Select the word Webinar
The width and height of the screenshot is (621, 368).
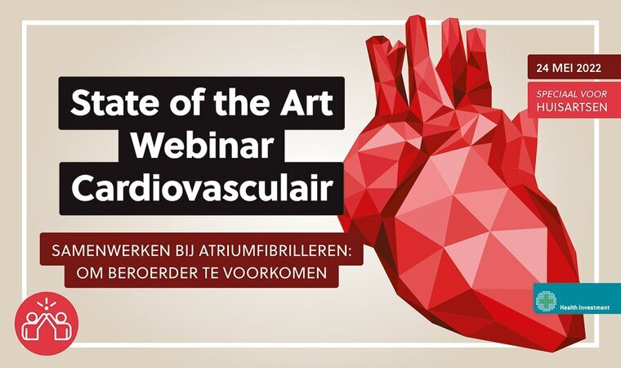click(203, 145)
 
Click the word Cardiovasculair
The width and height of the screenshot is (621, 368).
click(202, 187)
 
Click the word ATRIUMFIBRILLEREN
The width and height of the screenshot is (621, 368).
click(275, 251)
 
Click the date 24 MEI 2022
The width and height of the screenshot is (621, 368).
click(570, 68)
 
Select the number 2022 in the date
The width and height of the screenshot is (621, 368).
click(589, 68)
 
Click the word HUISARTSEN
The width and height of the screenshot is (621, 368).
click(572, 107)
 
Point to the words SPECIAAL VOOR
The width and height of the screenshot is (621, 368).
click(572, 94)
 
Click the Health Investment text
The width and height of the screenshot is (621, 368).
click(584, 307)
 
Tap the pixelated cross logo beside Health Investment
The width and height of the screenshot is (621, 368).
click(546, 300)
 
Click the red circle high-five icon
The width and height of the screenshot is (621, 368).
click(47, 324)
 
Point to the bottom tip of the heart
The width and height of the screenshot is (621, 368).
click(582, 339)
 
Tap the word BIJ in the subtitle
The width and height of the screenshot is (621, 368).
click(184, 251)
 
